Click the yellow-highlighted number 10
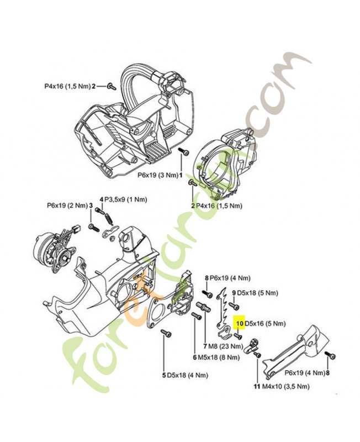pyautogui.click(x=240, y=323)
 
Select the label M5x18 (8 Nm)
pyautogui.click(x=218, y=357)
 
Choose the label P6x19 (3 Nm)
pyautogui.click(x=157, y=175)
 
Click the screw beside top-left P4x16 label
pyautogui.click(x=111, y=86)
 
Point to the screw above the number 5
pyautogui.click(x=164, y=333)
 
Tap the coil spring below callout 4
pyautogui.click(x=111, y=218)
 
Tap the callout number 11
pyautogui.click(x=256, y=387)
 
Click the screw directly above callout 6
pyautogui.click(x=195, y=317)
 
